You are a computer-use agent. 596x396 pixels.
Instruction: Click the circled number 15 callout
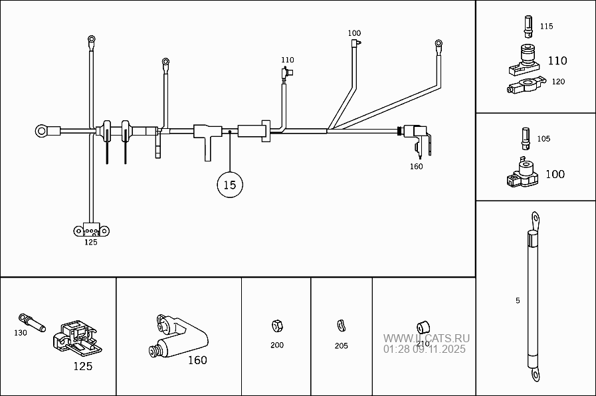tap(229, 185)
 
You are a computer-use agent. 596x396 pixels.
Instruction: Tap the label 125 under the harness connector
tap(90, 243)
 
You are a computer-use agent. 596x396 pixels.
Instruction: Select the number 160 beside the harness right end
tap(416, 166)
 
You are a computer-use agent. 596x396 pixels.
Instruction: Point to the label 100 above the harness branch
tap(354, 33)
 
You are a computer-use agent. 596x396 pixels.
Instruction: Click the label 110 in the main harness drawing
tap(287, 60)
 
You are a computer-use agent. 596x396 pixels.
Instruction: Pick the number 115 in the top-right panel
tap(546, 27)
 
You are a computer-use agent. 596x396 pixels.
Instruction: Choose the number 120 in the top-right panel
tap(558, 82)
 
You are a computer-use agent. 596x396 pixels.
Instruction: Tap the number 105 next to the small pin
tap(544, 139)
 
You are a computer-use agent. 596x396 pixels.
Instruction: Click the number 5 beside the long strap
tap(518, 300)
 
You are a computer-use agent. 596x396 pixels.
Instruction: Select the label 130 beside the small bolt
tap(21, 332)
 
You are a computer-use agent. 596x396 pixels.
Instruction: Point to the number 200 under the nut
tap(277, 346)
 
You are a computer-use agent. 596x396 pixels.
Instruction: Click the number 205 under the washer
tap(341, 346)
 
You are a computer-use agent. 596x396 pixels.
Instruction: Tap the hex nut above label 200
tap(277, 326)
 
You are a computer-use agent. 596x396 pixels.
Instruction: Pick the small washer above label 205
tap(341, 325)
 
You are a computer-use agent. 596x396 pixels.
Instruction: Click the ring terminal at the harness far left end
tap(44, 131)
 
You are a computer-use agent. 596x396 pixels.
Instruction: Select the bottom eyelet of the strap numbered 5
tap(534, 376)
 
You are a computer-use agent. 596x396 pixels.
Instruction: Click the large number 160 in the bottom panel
tap(197, 361)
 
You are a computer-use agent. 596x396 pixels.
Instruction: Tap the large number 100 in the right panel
tap(555, 174)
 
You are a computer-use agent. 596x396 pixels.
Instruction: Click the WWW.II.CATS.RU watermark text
tap(426, 338)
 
